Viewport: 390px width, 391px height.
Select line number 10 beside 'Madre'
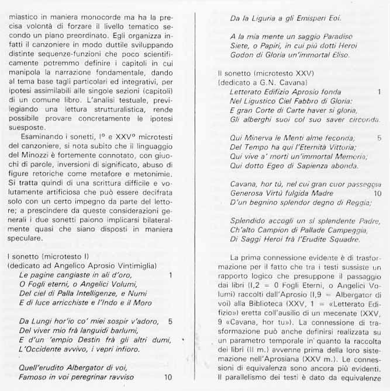coord(378,193)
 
